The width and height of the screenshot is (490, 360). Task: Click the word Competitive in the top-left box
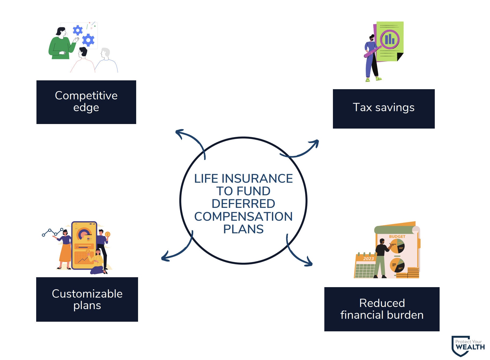coord(86,96)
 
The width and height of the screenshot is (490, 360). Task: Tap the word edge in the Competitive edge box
coord(86,108)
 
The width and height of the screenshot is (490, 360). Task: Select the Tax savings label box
coord(384,108)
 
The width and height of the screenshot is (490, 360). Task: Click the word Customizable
coord(87,294)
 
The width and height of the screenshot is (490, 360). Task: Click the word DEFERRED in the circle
coord(243,204)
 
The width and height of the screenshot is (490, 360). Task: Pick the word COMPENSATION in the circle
coord(243,216)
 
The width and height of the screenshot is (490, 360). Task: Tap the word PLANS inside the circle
coord(243,229)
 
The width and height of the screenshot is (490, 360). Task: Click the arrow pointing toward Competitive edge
coord(190,139)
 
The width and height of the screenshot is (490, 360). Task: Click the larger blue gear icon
coord(88,40)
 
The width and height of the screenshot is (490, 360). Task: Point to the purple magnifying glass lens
coord(389,39)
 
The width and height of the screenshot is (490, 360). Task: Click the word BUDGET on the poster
coord(397,237)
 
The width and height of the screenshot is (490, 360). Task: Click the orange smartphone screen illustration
coord(84,245)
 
